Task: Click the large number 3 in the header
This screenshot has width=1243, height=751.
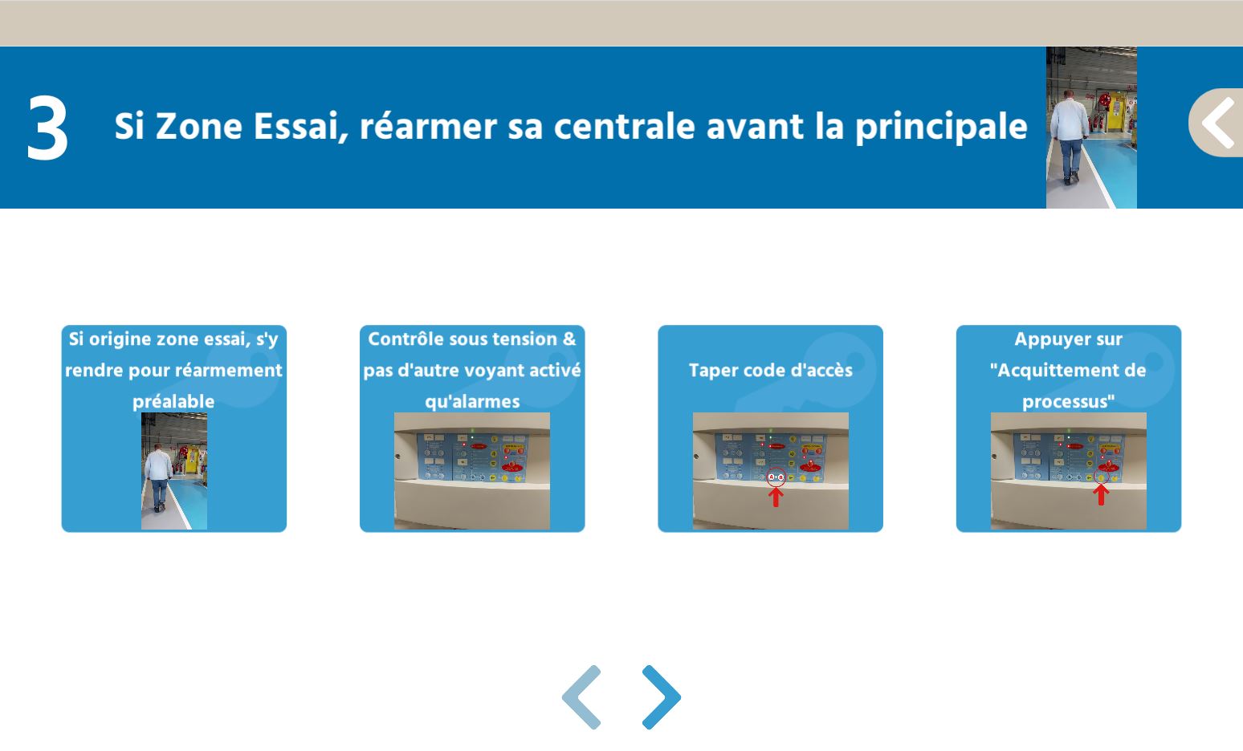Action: point(47,127)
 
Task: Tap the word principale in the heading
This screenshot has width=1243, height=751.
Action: point(941,127)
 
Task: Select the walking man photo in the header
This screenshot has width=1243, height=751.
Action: point(1091,128)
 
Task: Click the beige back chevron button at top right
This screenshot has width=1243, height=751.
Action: point(1217,123)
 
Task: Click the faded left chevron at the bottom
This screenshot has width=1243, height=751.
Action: point(581,697)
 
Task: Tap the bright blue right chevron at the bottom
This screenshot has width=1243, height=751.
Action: point(662,697)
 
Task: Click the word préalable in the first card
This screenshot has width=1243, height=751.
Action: point(173,401)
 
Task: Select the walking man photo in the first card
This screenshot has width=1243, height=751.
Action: point(174,471)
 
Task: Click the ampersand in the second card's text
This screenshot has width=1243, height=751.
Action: point(569,339)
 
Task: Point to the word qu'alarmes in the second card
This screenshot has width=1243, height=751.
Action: point(472,401)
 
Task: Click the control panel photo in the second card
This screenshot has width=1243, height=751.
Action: point(472,471)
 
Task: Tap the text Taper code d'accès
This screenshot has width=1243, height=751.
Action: point(771,371)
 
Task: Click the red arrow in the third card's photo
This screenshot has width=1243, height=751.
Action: point(776,497)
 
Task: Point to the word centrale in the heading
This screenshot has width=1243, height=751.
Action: point(624,127)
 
